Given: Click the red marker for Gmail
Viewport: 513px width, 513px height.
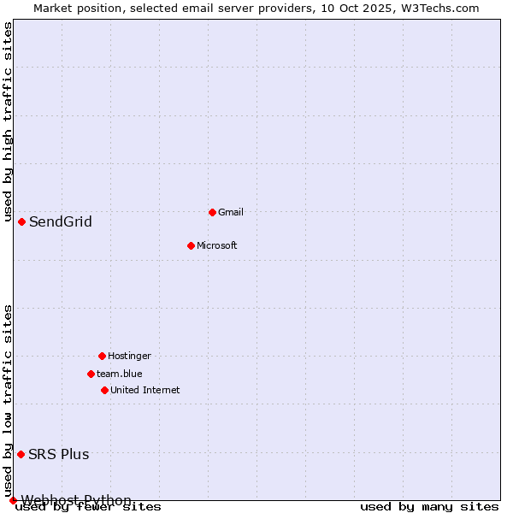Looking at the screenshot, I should pyautogui.click(x=212, y=212).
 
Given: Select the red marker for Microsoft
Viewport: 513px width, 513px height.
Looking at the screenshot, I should pyautogui.click(x=191, y=245).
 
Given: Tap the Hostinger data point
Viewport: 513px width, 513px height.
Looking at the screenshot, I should pyautogui.click(x=102, y=356).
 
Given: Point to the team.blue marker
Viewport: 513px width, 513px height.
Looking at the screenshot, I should pyautogui.click(x=91, y=374).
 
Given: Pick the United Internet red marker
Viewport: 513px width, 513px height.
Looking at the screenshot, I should pyautogui.click(x=104, y=390).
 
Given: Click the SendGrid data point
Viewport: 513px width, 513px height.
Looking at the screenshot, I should pyautogui.click(x=21, y=221).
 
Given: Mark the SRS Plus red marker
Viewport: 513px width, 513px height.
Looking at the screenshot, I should pyautogui.click(x=21, y=454).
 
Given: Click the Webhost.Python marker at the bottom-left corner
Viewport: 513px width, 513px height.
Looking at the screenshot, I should pyautogui.click(x=13, y=500).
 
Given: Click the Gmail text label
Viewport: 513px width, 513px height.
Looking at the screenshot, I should pyautogui.click(x=231, y=212).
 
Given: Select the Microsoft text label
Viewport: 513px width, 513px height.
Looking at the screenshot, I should pyautogui.click(x=217, y=245).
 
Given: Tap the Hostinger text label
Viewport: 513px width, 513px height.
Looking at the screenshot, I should pyautogui.click(x=129, y=356).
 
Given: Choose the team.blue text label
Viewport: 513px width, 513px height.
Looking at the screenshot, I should pyautogui.click(x=120, y=374).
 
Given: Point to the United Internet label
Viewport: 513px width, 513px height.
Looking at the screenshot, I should pyautogui.click(x=145, y=390).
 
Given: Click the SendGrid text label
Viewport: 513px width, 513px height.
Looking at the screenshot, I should pyautogui.click(x=61, y=222).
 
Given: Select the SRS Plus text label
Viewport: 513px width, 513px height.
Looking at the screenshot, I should pyautogui.click(x=59, y=454).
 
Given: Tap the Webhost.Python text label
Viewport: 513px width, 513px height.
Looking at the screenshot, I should pyautogui.click(x=76, y=500).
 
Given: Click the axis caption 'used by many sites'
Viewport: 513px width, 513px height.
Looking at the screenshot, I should pyautogui.click(x=429, y=507).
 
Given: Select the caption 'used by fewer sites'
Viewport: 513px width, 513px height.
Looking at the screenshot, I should pyautogui.click(x=88, y=507).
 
